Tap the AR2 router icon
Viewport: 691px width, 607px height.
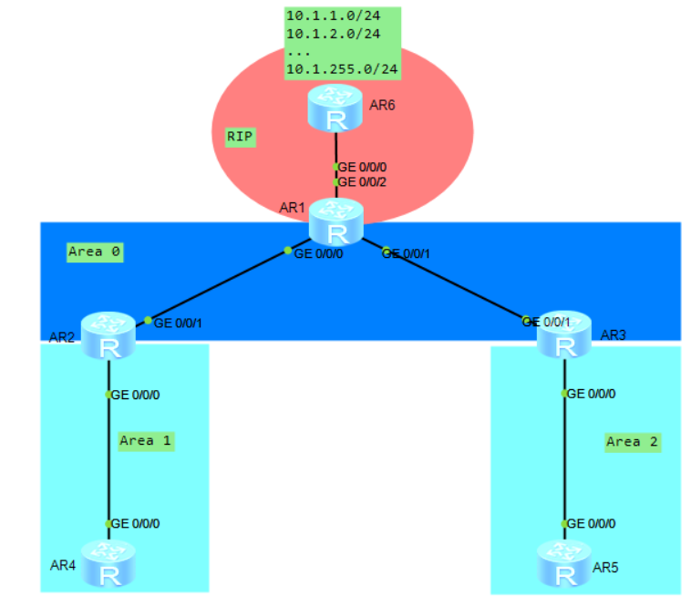108,335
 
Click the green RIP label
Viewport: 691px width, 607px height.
240,137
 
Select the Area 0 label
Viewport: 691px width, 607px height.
95,252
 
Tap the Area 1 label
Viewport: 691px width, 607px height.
146,441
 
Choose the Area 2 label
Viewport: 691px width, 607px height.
632,442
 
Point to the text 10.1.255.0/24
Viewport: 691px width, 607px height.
342,68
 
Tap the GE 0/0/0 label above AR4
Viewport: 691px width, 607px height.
136,524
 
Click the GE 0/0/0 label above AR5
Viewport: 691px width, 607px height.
591,524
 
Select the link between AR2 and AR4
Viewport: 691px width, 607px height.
108,456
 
